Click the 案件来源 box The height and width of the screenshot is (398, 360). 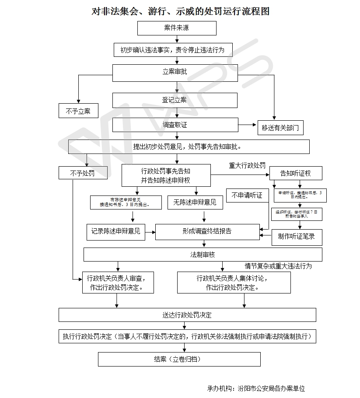click(177, 28)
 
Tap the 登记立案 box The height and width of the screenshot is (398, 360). click(175, 100)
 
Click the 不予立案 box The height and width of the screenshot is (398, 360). click(78, 111)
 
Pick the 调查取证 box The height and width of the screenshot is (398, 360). click(175, 125)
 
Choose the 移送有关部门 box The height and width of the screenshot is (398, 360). click(280, 128)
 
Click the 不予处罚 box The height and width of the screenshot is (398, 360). click(83, 173)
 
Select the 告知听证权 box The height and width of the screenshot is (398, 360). click(296, 173)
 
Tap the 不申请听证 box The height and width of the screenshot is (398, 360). click(247, 196)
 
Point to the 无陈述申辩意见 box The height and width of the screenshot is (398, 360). click(195, 202)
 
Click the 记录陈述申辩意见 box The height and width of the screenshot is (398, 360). click(116, 231)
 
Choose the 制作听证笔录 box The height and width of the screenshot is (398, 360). click(297, 237)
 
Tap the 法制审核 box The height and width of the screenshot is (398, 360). click(203, 255)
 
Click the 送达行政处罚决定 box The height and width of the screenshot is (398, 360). click(187, 315)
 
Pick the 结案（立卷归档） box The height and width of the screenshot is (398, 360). click(179, 360)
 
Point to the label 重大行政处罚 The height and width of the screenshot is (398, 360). click(247, 165)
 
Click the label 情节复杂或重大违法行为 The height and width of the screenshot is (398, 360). click(278, 265)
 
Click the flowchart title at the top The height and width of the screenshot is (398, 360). click(180, 11)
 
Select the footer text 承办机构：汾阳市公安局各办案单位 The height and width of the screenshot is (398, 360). click(256, 388)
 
